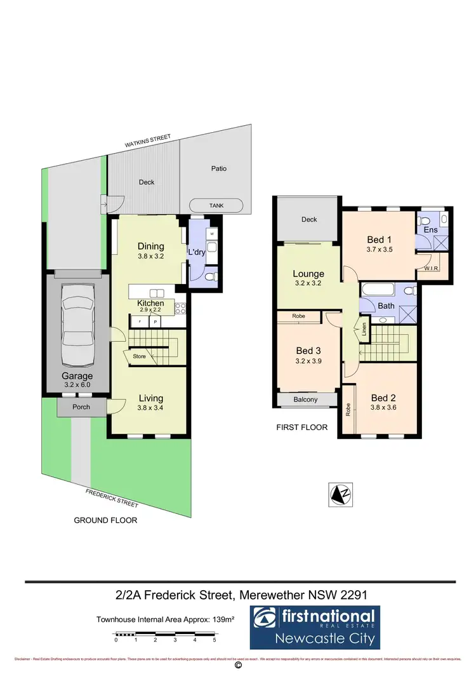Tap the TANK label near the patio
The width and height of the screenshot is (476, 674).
click(216, 206)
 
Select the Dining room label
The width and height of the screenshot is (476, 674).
click(150, 246)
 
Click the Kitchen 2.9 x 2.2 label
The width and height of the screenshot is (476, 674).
click(150, 303)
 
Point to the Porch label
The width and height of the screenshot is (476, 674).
click(81, 407)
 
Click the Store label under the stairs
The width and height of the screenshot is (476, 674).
click(140, 357)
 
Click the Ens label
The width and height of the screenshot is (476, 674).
click(430, 229)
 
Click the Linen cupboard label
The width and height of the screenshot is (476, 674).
click(364, 330)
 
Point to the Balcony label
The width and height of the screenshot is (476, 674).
click(307, 400)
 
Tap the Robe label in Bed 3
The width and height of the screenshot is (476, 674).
click(298, 316)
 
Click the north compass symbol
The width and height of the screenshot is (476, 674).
click(341, 495)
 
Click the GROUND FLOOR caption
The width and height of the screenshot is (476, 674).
click(105, 520)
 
